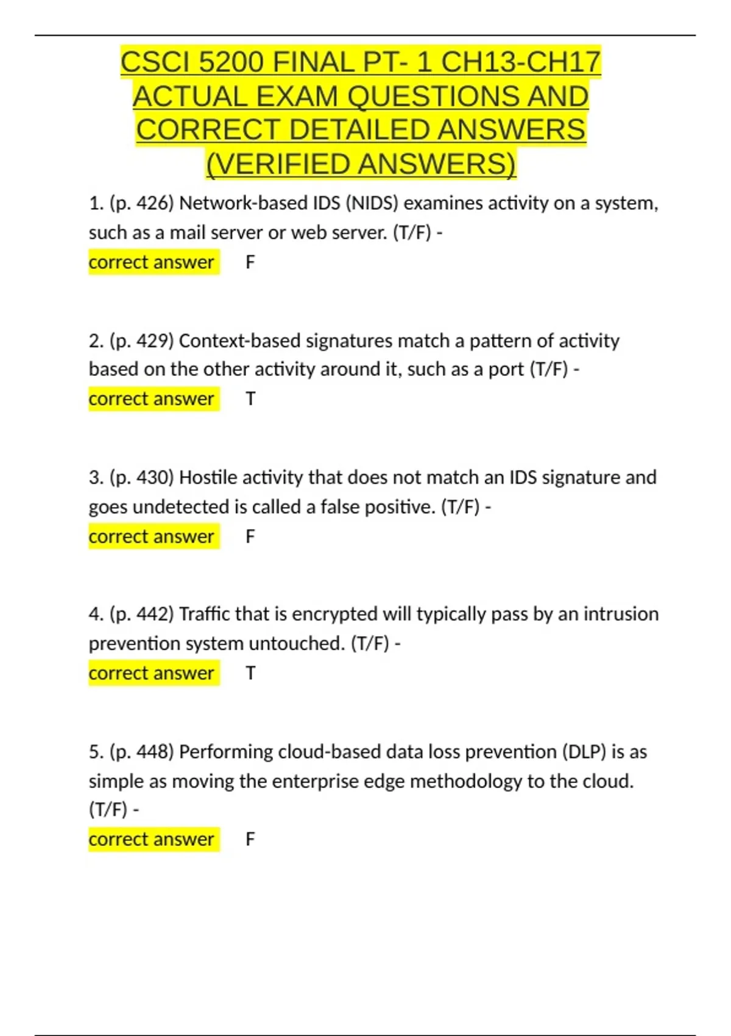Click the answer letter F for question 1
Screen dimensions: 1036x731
pos(250,263)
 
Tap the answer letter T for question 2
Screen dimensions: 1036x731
pos(250,399)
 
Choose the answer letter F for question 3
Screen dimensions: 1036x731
pos(250,537)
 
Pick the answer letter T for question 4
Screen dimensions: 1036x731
pos(250,673)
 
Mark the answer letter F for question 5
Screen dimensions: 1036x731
pos(250,839)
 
